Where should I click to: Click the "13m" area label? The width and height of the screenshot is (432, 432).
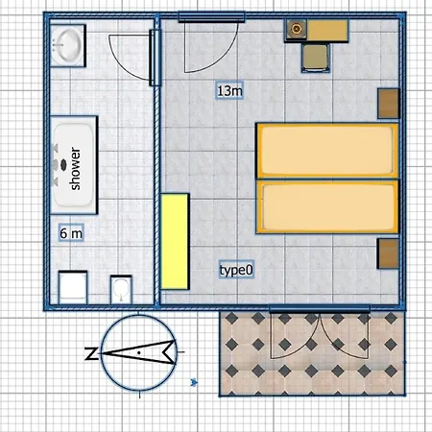tap(229, 90)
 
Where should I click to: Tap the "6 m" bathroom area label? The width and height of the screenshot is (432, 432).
tap(71, 233)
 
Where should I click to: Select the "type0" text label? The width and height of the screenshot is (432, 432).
tap(236, 270)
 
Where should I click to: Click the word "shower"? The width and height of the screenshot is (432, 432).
tap(75, 168)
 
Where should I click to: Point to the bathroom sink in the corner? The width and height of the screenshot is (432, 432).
tap(68, 45)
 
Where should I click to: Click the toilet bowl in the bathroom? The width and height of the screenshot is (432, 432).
tap(121, 289)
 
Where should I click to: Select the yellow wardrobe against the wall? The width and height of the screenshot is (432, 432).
tap(175, 241)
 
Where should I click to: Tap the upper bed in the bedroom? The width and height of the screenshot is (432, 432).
tap(326, 151)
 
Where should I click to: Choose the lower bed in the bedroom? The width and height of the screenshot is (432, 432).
tap(326, 206)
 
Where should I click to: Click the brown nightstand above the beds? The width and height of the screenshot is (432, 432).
tap(388, 104)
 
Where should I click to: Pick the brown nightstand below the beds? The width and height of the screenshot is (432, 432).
tap(388, 253)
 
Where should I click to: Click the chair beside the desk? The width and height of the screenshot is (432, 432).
tap(316, 58)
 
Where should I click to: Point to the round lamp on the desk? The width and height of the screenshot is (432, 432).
tap(297, 30)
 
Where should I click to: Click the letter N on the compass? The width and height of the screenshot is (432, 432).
tap(91, 353)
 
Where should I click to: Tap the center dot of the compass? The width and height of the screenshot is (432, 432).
tap(139, 352)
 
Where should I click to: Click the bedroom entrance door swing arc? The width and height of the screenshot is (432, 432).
tap(224, 55)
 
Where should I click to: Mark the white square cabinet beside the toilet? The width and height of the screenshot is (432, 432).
tap(73, 287)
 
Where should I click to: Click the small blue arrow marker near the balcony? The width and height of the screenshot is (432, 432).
tap(194, 382)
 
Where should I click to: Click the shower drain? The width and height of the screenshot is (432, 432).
tap(63, 164)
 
